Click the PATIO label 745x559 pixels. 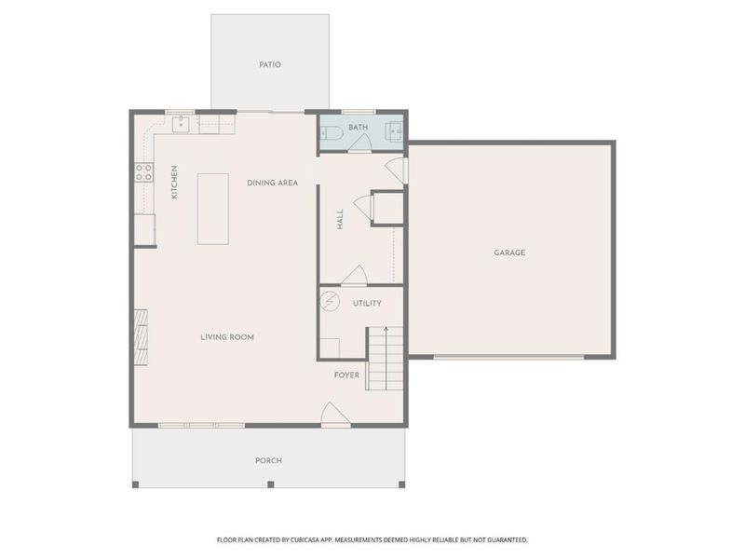[270, 64]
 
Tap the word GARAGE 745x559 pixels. [509, 252]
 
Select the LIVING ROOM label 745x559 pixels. [227, 337]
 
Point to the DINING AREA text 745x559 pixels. [272, 183]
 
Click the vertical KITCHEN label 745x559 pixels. [174, 182]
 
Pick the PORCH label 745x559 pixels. [268, 460]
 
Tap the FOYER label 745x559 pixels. [346, 375]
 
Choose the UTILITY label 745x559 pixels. [367, 304]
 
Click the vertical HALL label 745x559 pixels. [340, 220]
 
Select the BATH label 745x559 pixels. [358, 128]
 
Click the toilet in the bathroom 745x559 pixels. [332, 133]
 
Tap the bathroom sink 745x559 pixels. [396, 130]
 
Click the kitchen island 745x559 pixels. [213, 209]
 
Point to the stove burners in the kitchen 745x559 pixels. [144, 172]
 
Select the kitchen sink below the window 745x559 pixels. [181, 124]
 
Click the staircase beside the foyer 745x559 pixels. [386, 359]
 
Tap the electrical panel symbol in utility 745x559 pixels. [330, 301]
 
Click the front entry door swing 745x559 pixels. [335, 414]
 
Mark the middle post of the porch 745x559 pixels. [271, 484]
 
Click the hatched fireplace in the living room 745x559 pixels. [141, 337]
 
